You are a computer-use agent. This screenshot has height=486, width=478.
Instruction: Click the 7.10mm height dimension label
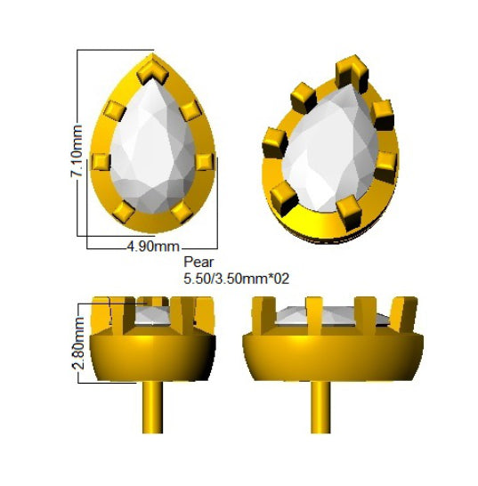point(77,151)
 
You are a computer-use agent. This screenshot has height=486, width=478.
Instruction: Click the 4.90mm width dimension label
point(153,247)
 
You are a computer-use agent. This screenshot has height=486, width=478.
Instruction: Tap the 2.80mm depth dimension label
point(77,343)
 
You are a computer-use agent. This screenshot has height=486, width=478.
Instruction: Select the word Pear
point(198,263)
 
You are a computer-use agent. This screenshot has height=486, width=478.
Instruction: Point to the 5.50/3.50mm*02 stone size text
point(236,279)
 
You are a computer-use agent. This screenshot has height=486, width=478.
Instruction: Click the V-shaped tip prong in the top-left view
point(152,72)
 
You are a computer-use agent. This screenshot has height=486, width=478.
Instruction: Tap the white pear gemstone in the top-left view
point(153,147)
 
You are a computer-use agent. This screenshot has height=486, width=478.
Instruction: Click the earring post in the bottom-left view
point(152,407)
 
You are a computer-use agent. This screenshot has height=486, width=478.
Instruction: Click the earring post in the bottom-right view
point(320,407)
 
